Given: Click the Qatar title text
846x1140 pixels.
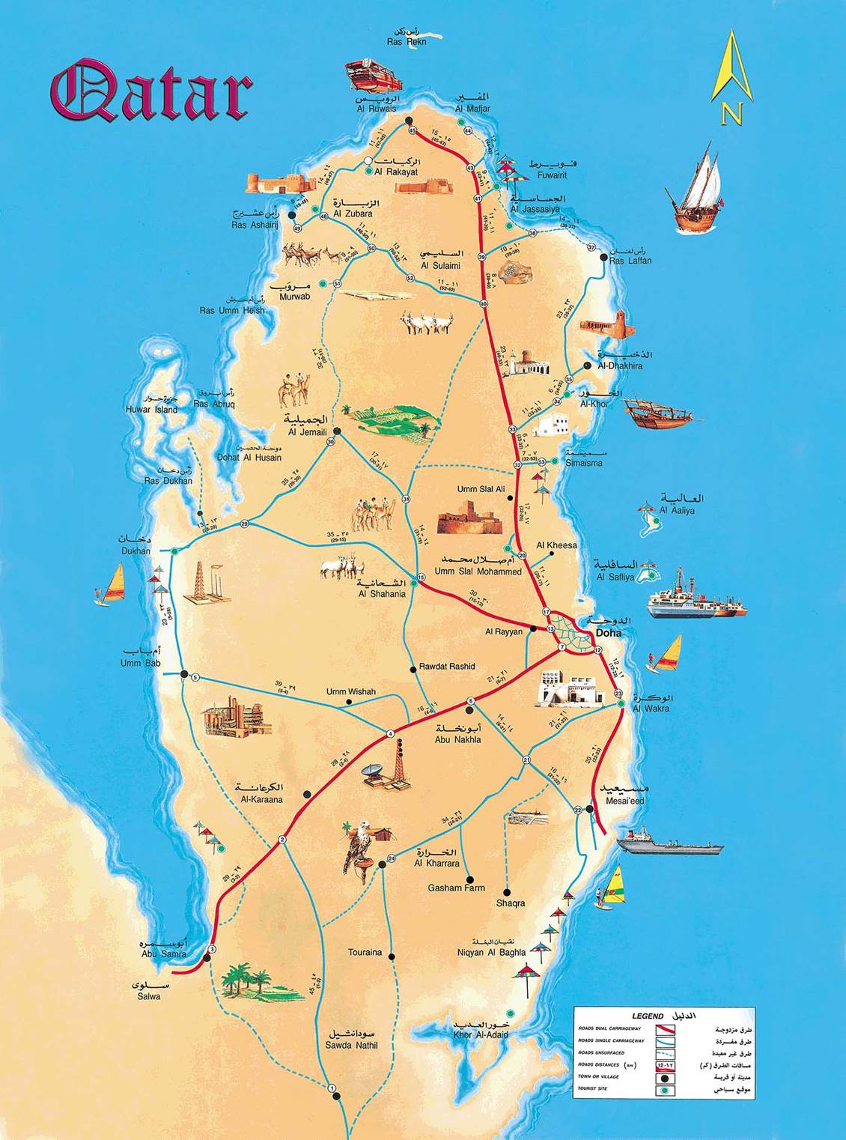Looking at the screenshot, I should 150,92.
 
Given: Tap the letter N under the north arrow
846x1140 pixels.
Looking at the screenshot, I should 731,115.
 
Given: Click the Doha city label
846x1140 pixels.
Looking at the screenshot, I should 607,633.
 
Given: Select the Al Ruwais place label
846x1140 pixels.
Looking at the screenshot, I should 377,109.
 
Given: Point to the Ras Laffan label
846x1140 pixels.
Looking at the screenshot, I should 630,261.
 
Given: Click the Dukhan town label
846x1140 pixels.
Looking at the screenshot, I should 136,551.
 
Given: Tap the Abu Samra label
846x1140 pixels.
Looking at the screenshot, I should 163,953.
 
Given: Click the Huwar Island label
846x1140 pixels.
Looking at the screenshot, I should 152,410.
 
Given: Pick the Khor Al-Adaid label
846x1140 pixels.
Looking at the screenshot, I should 481,1034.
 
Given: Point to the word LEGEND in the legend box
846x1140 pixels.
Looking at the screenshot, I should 648,1016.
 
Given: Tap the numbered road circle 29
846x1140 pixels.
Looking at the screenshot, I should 244,524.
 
